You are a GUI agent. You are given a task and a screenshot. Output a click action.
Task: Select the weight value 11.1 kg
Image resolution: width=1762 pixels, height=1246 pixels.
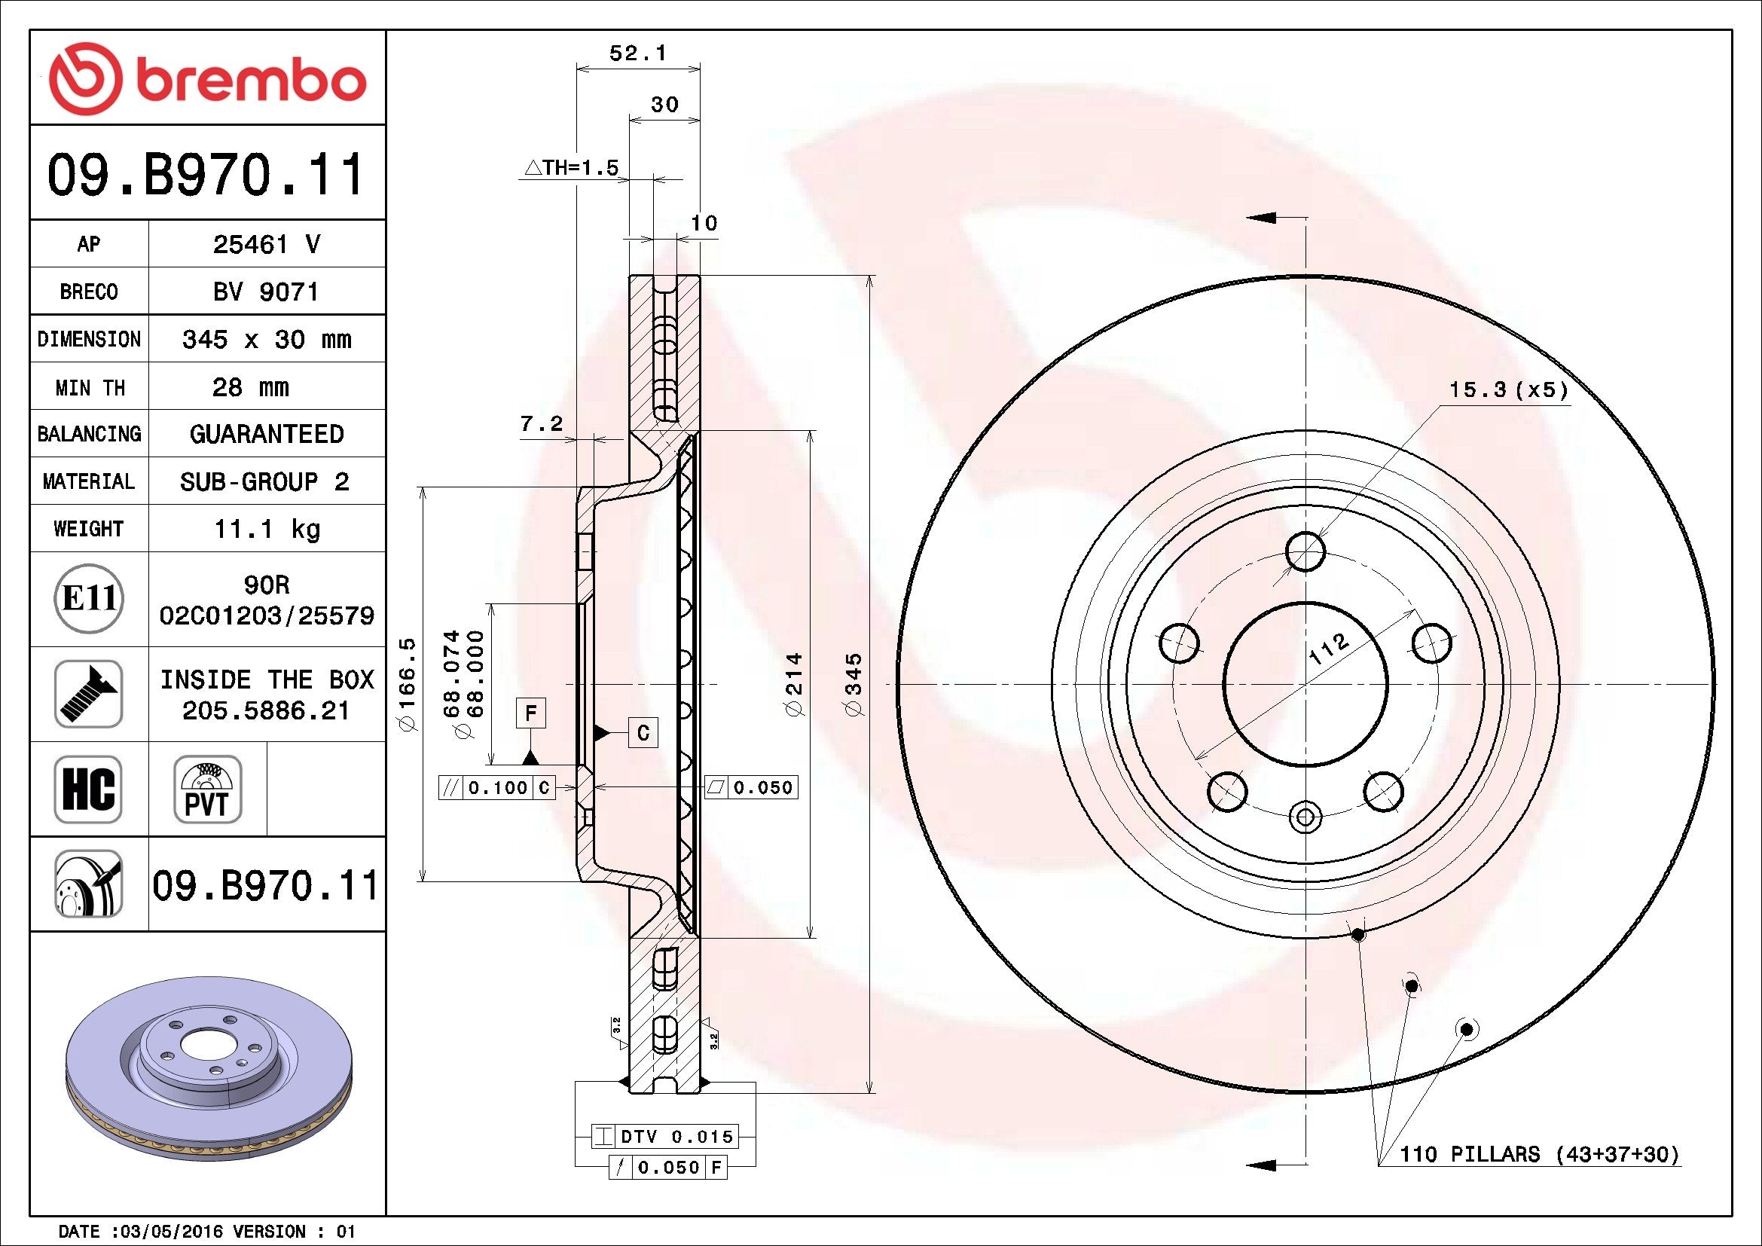pyautogui.click(x=266, y=529)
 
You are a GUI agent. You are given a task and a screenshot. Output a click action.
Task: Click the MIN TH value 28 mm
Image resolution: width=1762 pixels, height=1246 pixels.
pyautogui.click(x=250, y=386)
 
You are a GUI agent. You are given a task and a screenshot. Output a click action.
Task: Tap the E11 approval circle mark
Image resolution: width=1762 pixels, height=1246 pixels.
pyautogui.click(x=89, y=598)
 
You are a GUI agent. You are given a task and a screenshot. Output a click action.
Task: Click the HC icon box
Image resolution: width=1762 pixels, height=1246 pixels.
pyautogui.click(x=88, y=789)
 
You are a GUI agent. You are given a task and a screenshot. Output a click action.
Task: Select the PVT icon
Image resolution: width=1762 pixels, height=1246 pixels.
pyautogui.click(x=207, y=789)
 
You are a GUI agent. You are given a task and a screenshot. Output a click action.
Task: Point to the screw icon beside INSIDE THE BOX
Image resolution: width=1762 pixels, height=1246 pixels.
pyautogui.click(x=88, y=694)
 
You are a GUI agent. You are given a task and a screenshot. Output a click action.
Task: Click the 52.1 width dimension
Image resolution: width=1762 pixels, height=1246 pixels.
pyautogui.click(x=637, y=53)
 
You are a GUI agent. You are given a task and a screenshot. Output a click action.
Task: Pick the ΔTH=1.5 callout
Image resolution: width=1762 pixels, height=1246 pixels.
pyautogui.click(x=572, y=167)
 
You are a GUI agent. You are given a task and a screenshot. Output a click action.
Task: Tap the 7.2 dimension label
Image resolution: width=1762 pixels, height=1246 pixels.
pyautogui.click(x=541, y=423)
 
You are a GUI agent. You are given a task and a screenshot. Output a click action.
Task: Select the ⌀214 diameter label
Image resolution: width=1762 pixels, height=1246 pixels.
pyautogui.click(x=793, y=684)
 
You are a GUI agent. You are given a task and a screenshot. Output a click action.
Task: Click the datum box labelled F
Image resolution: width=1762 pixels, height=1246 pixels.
pyautogui.click(x=530, y=713)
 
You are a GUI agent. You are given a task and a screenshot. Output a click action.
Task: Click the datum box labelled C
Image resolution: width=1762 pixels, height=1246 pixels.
pyautogui.click(x=643, y=733)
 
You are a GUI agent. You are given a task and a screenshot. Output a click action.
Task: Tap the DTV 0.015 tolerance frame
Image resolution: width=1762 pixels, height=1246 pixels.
pyautogui.click(x=664, y=1136)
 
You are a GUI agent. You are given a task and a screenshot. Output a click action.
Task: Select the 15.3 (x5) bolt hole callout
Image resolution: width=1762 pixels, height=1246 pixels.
pyautogui.click(x=1508, y=389)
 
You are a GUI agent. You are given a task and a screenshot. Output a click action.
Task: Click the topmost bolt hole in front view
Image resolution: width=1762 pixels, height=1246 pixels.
pyautogui.click(x=1305, y=551)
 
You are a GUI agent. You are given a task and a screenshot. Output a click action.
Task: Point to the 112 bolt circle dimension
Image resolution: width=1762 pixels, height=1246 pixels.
pyautogui.click(x=1327, y=649)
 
